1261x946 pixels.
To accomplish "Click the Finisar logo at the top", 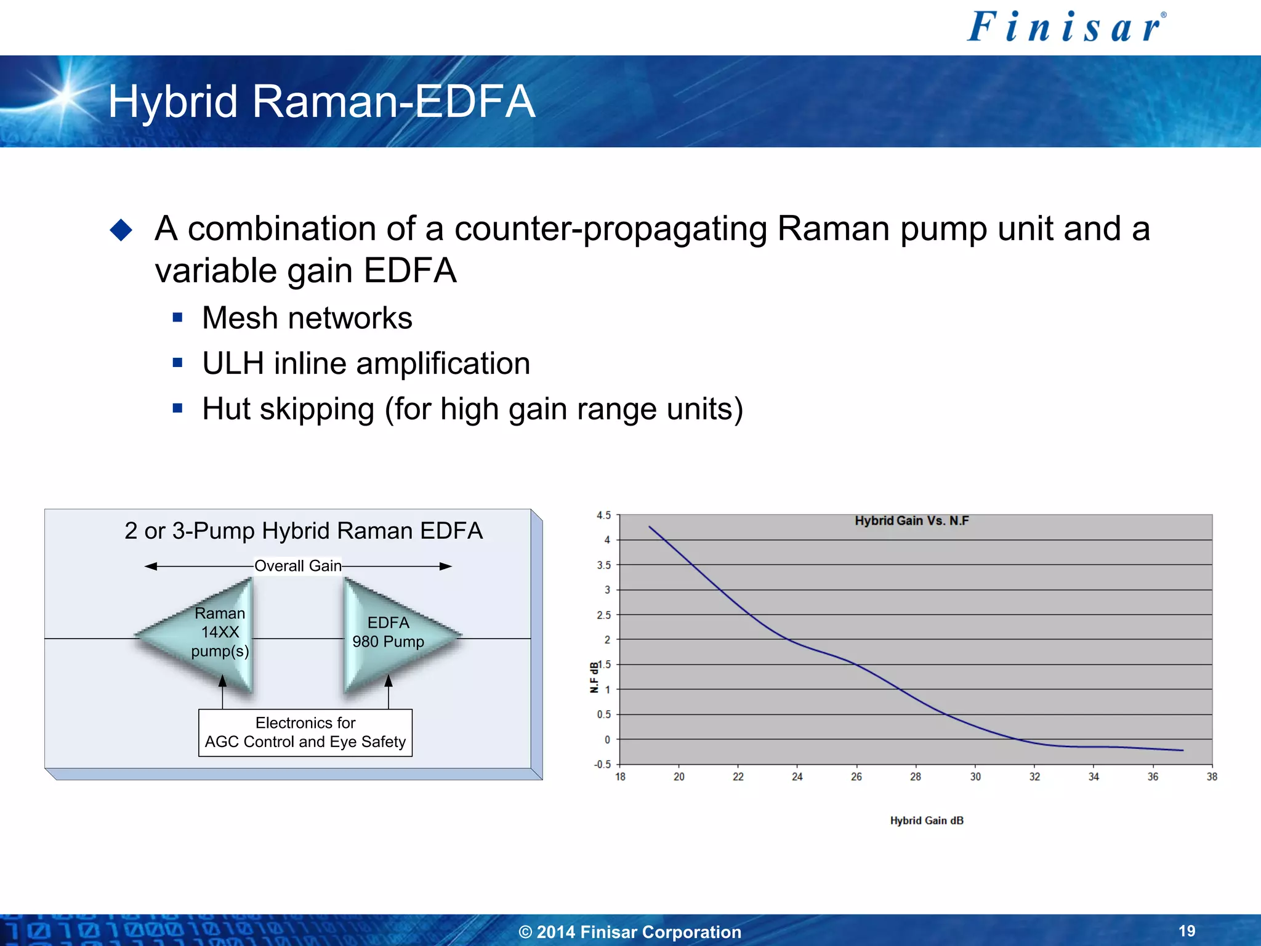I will [x=1066, y=28].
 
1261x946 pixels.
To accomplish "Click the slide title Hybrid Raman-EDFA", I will [x=321, y=102].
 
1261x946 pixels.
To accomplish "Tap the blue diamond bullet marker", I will [x=121, y=230].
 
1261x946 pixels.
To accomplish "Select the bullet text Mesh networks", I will [x=307, y=318].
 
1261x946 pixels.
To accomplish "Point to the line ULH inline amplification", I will [x=366, y=363].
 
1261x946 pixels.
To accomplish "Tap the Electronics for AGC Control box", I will [x=305, y=732].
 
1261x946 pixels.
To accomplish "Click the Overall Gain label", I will [x=297, y=566].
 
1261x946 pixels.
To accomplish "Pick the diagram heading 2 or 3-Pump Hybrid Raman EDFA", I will [x=303, y=531].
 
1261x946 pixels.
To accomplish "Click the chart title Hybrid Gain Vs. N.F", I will [x=911, y=521].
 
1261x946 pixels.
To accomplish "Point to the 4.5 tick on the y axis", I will [x=603, y=515].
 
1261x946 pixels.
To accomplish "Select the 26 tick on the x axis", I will [x=856, y=777].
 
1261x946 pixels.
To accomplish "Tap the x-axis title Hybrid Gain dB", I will [x=927, y=821].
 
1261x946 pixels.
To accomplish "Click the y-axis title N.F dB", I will [x=594, y=677].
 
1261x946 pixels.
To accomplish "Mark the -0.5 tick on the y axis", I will [x=602, y=764].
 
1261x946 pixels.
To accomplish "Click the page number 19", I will [x=1186, y=931].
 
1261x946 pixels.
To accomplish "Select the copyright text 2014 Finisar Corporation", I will [x=630, y=932].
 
